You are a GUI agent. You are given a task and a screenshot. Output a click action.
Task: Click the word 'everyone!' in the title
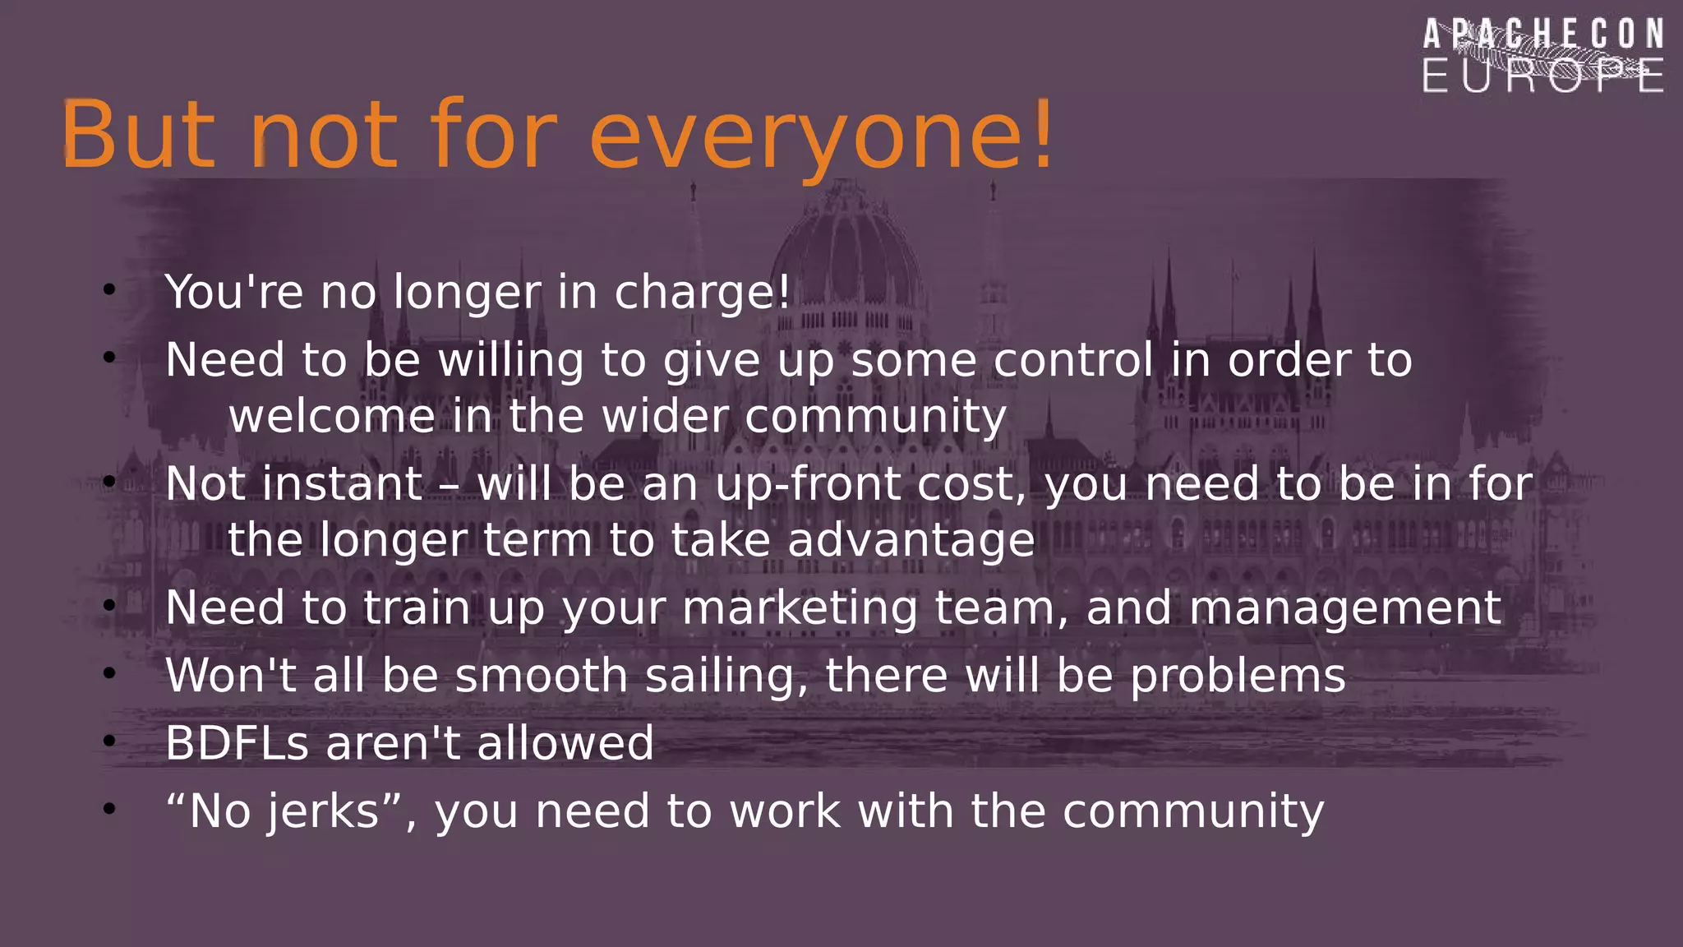(820, 136)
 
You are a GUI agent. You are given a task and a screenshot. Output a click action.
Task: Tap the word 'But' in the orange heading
(138, 136)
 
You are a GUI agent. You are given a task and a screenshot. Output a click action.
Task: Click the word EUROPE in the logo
(1542, 76)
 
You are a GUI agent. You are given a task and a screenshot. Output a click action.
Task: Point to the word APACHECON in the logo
(1542, 35)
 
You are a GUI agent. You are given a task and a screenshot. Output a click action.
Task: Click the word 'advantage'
(911, 540)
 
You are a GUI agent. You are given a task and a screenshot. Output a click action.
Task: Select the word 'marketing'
(799, 608)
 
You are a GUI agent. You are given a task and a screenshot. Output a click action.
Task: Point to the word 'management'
(1345, 608)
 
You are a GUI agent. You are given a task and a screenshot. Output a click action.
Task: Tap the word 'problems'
(1238, 676)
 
